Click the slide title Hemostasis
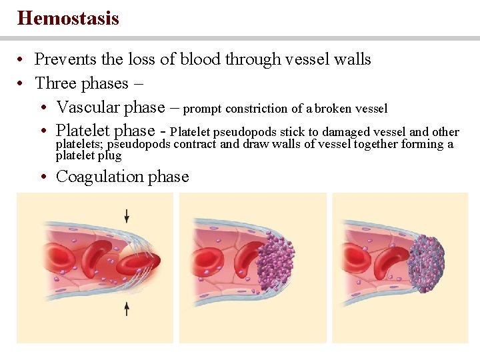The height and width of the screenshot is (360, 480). (68, 18)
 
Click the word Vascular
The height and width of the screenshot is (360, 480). (84, 107)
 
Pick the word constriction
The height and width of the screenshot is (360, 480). (255, 108)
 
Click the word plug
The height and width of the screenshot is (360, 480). (109, 155)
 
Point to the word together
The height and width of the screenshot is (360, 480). (375, 144)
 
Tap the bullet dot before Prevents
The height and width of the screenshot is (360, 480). (22, 60)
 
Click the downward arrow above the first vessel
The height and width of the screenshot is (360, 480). (127, 215)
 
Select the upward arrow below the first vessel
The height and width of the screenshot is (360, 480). (127, 308)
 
